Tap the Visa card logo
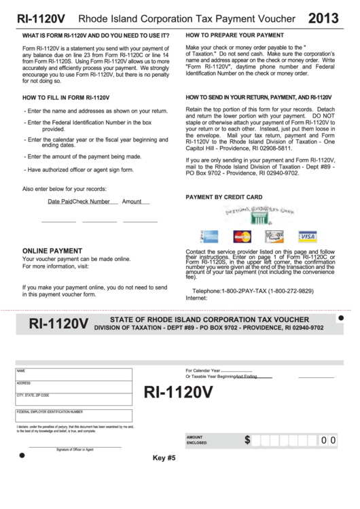pyautogui.click(x=307, y=236)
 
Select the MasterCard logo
pyautogui.click(x=242, y=236)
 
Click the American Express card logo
pyautogui.click(x=209, y=236)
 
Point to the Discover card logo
pyautogui.click(x=275, y=236)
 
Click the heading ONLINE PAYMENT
pyautogui.click(x=52, y=251)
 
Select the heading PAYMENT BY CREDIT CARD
pyautogui.click(x=223, y=197)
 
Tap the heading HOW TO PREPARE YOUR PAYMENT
pyautogui.click(x=234, y=34)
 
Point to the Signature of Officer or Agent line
pyautogui.click(x=75, y=447)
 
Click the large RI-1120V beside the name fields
pyautogui.click(x=178, y=393)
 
